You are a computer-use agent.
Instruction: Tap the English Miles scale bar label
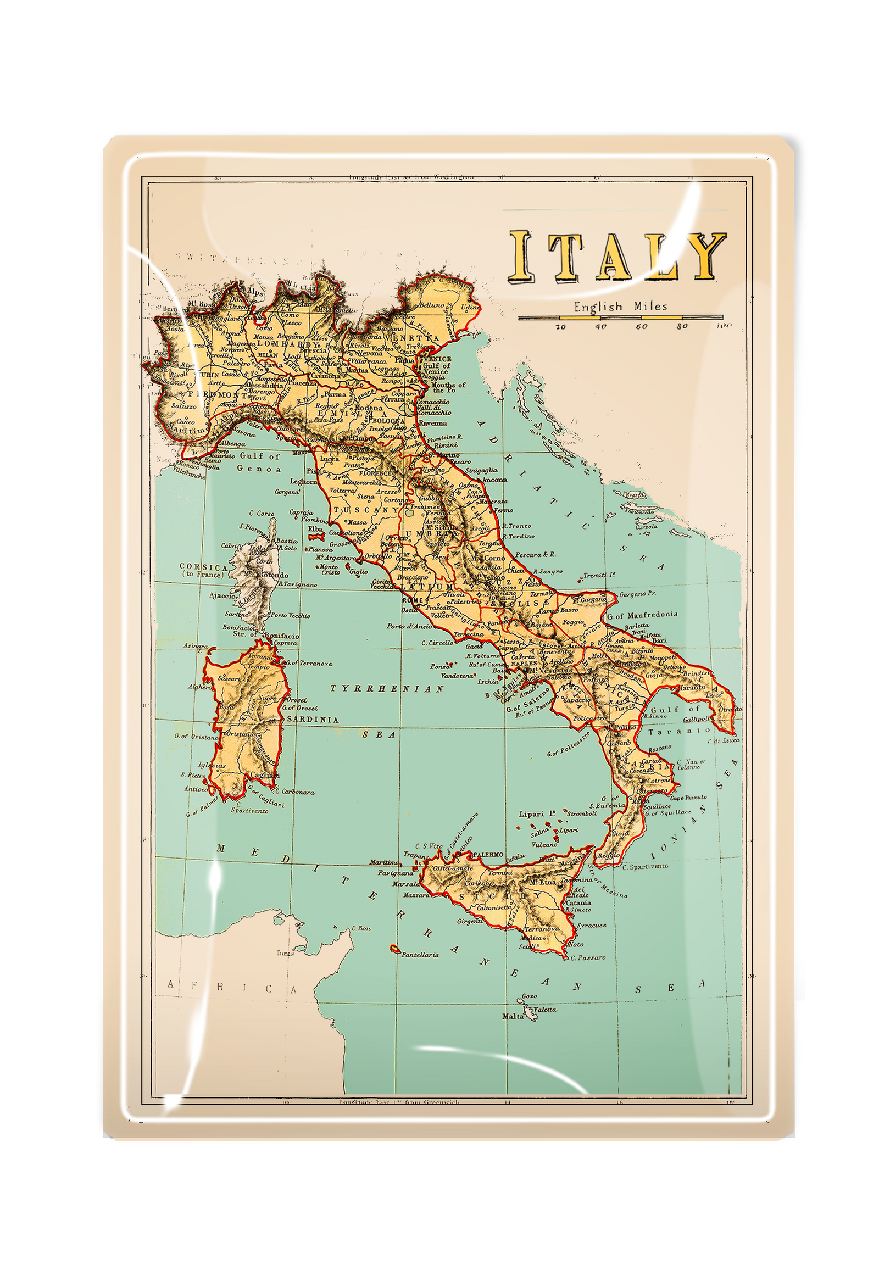tap(621, 306)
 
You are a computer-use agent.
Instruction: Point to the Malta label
tap(513, 1016)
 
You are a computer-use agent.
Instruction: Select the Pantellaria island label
tap(420, 954)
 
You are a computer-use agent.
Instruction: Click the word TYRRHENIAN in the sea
tap(387, 688)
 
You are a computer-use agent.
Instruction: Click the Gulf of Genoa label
tap(259, 462)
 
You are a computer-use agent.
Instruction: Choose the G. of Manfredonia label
tap(642, 614)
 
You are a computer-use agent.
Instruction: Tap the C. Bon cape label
tap(360, 928)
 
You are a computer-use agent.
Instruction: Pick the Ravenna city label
tap(433, 423)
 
